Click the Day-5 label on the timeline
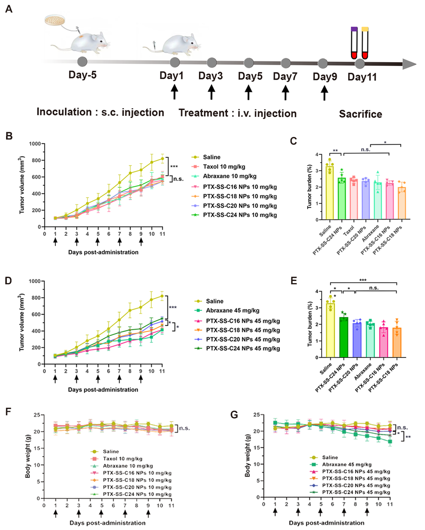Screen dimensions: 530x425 click(x=82, y=75)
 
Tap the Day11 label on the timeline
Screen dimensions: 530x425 click(x=362, y=77)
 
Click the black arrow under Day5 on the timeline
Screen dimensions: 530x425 click(x=248, y=92)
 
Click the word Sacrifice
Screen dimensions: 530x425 click(x=360, y=114)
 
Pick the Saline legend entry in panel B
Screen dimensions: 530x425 click(x=211, y=157)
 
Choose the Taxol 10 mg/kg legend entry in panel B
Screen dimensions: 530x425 click(x=224, y=167)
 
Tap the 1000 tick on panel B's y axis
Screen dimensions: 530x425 click(x=35, y=144)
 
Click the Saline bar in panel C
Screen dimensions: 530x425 click(x=330, y=193)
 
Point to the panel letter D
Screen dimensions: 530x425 click(x=8, y=281)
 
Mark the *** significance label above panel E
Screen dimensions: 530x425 click(x=363, y=280)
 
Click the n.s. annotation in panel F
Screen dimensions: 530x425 click(x=184, y=428)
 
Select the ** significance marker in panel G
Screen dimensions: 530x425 click(x=408, y=437)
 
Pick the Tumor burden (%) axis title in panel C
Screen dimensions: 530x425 click(x=309, y=186)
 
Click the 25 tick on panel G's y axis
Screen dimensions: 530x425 click(x=256, y=415)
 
